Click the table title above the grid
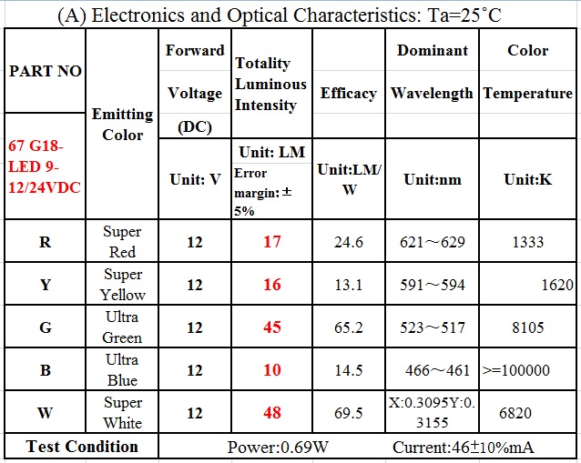tap(290, 15)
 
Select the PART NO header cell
tap(45, 71)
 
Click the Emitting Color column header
tap(122, 124)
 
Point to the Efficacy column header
tap(348, 94)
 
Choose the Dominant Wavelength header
tap(432, 72)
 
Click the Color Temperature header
tap(528, 72)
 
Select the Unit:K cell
tap(528, 179)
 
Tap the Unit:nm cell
tap(432, 179)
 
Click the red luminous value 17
tap(271, 242)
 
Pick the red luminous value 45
tap(271, 327)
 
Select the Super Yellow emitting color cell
tap(122, 285)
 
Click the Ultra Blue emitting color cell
tap(122, 370)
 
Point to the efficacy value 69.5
tap(348, 413)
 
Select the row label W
tap(45, 413)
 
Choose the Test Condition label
tap(82, 447)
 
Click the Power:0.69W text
tap(272, 448)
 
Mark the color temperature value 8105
tap(528, 327)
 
